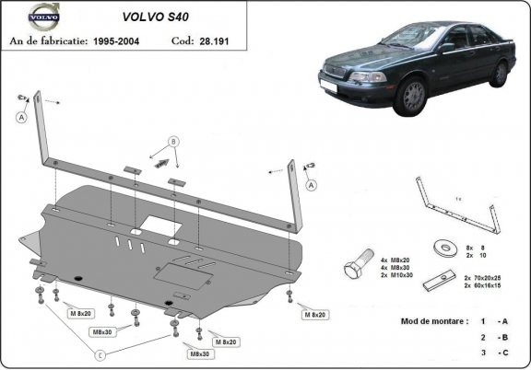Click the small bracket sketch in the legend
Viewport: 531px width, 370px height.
point(457,202)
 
